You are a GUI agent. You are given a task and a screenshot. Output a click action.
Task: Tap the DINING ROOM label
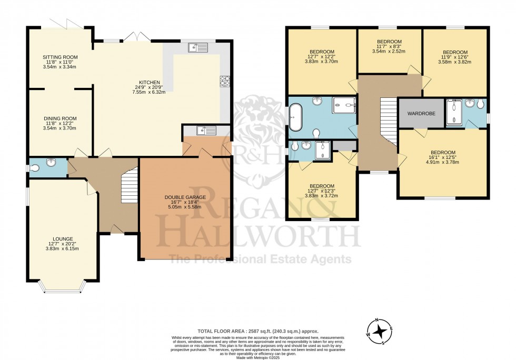click(60, 118)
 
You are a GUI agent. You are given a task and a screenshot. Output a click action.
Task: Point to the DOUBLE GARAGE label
click(184, 197)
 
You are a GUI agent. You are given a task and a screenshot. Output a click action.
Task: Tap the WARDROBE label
click(421, 113)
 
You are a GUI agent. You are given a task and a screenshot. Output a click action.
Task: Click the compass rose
click(380, 331)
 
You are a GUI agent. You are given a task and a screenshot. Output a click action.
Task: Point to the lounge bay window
click(63, 287)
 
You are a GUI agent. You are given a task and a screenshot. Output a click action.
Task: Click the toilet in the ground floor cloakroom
click(35, 167)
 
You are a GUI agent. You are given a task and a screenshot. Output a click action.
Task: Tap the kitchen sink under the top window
click(199, 48)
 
